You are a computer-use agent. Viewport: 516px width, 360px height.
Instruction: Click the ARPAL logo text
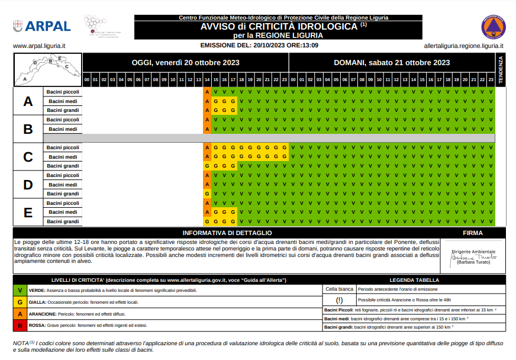[47, 26]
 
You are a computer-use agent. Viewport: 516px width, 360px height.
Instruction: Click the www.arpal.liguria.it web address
[38, 46]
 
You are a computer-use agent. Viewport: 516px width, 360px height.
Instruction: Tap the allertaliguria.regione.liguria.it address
[464, 46]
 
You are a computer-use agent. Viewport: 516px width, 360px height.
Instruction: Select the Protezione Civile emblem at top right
[494, 27]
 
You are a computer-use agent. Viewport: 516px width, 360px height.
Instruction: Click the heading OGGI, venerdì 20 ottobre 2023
[185, 62]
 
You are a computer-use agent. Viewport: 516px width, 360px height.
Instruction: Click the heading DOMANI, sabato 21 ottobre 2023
[392, 62]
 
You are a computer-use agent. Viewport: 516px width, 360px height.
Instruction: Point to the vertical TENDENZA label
[500, 70]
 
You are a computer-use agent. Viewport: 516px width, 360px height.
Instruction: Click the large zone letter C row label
[28, 157]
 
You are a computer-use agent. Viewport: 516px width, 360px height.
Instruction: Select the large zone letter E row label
[28, 212]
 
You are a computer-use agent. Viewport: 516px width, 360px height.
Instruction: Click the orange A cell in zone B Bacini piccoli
[207, 120]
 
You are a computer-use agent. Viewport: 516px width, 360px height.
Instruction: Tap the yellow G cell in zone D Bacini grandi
[207, 194]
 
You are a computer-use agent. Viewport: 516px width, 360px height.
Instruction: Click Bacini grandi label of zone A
[63, 110]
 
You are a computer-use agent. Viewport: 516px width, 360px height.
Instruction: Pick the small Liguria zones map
[47, 69]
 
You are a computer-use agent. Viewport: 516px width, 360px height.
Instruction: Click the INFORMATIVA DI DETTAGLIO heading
[227, 233]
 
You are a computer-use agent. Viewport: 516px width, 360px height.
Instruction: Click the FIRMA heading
[472, 233]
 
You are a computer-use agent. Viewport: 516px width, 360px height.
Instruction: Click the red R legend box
[20, 326]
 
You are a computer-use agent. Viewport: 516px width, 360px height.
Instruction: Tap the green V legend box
[20, 291]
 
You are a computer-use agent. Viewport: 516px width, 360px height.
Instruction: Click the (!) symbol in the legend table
[339, 300]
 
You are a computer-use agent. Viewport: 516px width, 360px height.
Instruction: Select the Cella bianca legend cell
[339, 289]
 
